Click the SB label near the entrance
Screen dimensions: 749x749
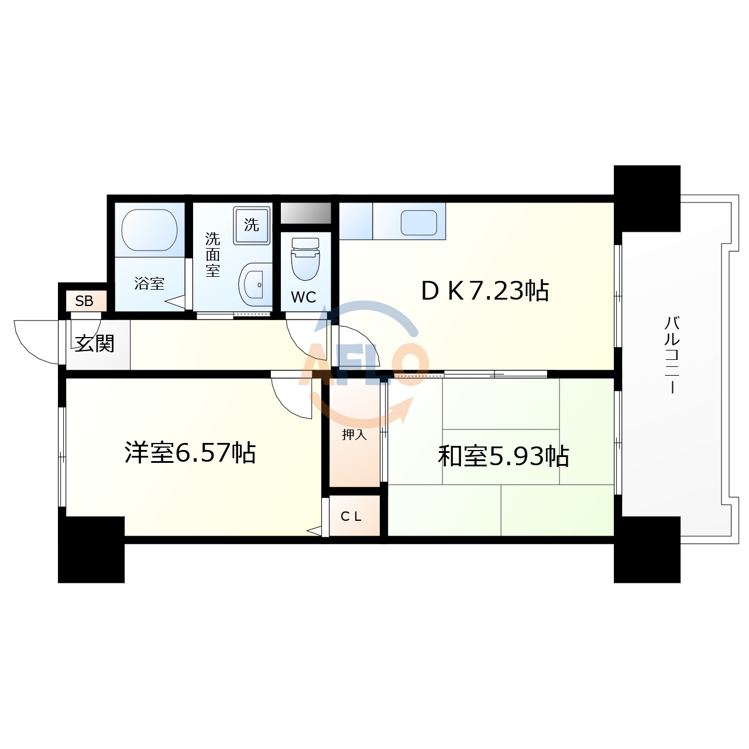(x=84, y=301)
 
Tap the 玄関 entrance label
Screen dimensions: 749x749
(x=95, y=343)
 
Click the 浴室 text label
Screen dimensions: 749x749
(x=149, y=284)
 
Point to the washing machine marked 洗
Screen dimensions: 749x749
(x=252, y=225)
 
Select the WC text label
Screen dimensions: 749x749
(x=303, y=297)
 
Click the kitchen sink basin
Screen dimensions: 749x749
(x=419, y=223)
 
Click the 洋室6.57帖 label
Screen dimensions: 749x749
(x=190, y=453)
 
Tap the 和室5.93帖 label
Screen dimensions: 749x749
(x=503, y=456)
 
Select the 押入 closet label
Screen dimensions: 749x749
(x=354, y=435)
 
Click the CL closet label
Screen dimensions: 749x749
(x=352, y=517)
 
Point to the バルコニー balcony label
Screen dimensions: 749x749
(x=672, y=355)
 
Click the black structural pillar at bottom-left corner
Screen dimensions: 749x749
(x=91, y=550)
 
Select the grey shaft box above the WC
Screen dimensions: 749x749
(x=305, y=213)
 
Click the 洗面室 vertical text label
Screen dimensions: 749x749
(x=212, y=255)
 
